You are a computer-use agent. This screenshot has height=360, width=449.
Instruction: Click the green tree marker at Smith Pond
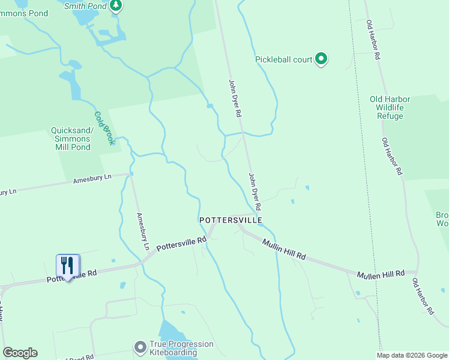tap(116, 6)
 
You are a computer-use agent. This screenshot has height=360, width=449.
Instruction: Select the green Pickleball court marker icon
tap(321, 59)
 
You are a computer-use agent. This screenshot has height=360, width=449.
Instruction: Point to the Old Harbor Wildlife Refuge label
tap(390, 107)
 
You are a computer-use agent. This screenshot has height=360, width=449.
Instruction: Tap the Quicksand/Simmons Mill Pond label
tap(71, 139)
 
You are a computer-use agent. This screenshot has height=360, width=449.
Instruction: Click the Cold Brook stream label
tap(103, 123)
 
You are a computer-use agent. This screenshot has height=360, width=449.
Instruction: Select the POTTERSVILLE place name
tap(231, 221)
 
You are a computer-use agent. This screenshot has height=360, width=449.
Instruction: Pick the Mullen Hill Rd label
tap(380, 274)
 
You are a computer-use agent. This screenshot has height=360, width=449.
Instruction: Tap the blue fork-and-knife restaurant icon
tap(67, 265)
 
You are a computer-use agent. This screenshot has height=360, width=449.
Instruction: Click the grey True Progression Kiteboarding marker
tap(140, 347)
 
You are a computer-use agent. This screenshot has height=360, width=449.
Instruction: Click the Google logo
tap(20, 352)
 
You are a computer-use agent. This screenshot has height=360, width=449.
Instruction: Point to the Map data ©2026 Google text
tap(412, 355)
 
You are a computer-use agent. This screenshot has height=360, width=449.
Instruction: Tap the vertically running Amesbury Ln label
tap(142, 232)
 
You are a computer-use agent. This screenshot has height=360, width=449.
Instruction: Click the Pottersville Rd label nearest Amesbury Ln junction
tap(181, 243)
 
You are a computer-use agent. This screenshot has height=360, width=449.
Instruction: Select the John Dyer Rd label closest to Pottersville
tap(255, 191)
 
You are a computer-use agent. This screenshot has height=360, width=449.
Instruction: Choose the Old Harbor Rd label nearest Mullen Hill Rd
tap(423, 296)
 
